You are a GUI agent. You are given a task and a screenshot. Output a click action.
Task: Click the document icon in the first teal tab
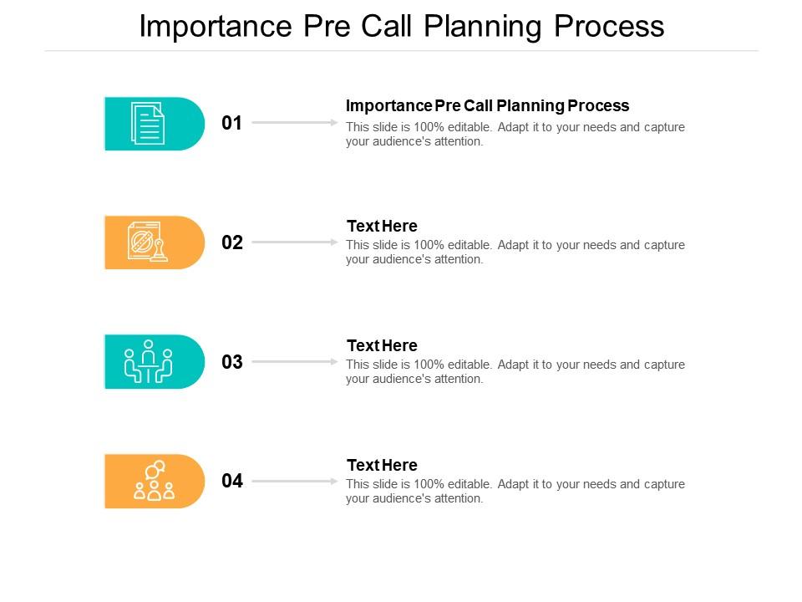point(148,124)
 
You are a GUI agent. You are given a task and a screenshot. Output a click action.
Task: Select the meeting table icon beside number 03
point(148,362)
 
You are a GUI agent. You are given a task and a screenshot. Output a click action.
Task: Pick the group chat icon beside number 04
point(154,481)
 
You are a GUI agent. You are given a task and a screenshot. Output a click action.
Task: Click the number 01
point(231,124)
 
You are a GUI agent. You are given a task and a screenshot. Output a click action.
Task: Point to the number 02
point(231,243)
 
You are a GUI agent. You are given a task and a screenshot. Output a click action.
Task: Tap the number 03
point(231,362)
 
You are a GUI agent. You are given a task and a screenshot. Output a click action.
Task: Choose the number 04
point(231,482)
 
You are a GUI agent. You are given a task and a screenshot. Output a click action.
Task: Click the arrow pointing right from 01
point(294,123)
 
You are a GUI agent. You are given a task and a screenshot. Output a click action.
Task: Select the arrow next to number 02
point(294,242)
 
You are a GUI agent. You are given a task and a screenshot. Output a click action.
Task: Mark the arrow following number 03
point(294,362)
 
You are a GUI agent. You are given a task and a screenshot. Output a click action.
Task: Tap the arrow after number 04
point(294,482)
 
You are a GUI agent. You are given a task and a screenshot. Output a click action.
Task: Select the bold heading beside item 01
point(487,106)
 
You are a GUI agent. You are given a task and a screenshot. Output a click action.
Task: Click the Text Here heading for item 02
point(382,226)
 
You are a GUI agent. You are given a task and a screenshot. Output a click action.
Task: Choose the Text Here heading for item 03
point(382,345)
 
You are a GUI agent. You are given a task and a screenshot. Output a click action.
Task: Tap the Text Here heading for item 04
point(382,465)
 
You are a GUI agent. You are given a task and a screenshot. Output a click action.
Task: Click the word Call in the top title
point(389,27)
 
